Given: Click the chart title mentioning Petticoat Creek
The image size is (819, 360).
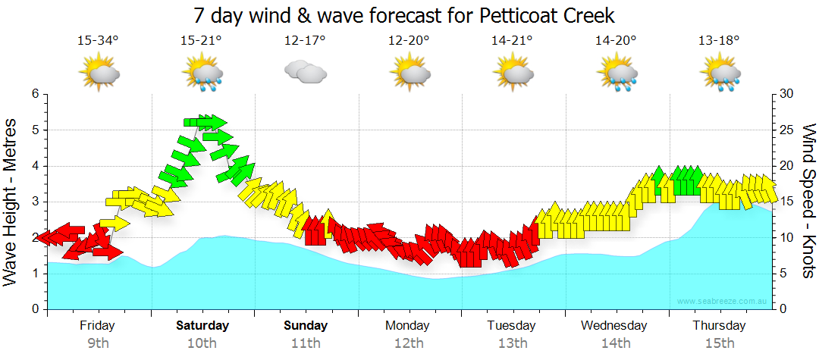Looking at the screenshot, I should click(x=403, y=15).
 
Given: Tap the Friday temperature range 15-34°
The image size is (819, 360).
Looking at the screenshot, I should click(x=98, y=41).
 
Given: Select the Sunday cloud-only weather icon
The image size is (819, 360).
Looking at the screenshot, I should click(x=305, y=73).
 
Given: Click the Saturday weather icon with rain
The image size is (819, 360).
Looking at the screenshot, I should click(x=202, y=74).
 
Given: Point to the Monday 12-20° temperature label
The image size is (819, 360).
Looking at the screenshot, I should click(x=409, y=41).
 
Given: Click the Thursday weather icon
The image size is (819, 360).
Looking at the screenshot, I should click(x=720, y=74).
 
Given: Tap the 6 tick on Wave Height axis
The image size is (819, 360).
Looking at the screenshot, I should click(x=34, y=94).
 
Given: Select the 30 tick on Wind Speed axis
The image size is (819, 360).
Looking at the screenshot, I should click(x=786, y=94).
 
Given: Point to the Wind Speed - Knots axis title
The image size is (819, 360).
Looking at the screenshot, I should click(x=808, y=201).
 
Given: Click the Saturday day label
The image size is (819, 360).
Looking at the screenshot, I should click(x=202, y=326).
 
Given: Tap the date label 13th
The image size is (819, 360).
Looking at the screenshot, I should click(x=513, y=343).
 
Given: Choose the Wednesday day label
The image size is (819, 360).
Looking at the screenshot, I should click(x=614, y=326).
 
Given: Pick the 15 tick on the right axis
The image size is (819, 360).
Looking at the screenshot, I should click(x=786, y=202).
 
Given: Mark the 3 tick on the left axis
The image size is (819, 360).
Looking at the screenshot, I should click(x=34, y=202).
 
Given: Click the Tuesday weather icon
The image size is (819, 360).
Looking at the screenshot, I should click(x=513, y=74).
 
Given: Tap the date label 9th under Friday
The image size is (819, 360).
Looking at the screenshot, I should click(x=98, y=343).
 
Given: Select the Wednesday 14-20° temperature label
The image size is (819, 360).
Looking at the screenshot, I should click(x=616, y=41).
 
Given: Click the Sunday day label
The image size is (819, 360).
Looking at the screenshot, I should click(x=306, y=326).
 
